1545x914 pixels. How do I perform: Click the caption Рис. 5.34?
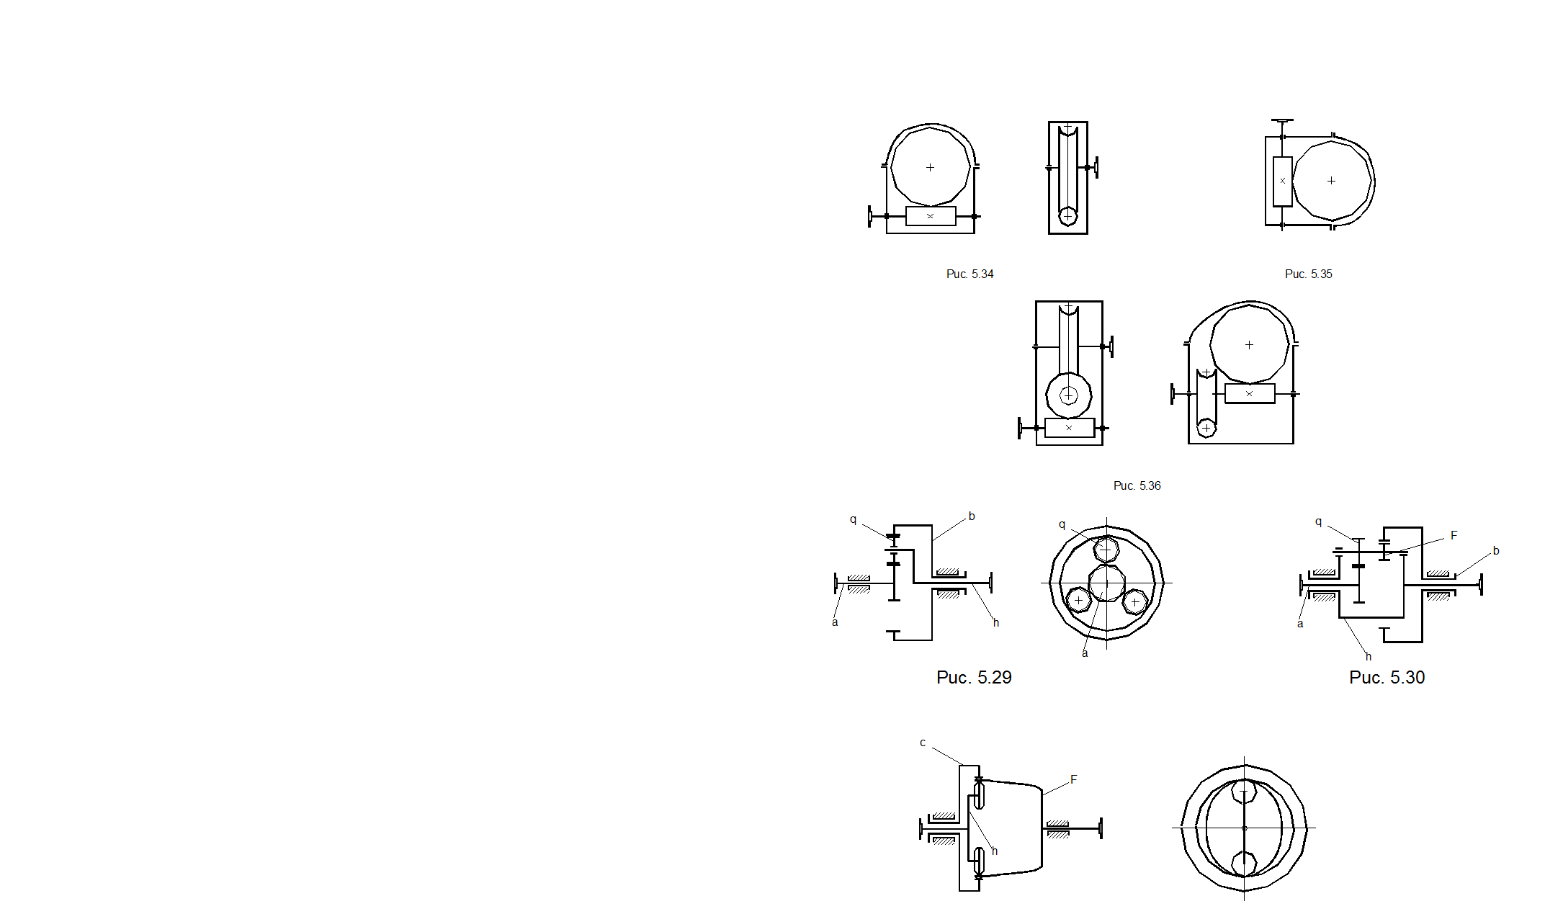pyautogui.click(x=969, y=274)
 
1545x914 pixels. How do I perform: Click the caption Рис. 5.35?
pyautogui.click(x=1308, y=274)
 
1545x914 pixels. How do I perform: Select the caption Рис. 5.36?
pyautogui.click(x=1137, y=485)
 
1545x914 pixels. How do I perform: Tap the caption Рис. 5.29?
pyautogui.click(x=974, y=677)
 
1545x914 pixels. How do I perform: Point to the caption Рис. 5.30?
pyautogui.click(x=1387, y=677)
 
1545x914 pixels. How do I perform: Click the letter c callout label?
pyautogui.click(x=923, y=743)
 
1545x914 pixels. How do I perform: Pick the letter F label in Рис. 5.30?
pyautogui.click(x=1454, y=535)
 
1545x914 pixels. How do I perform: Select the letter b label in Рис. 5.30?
pyautogui.click(x=1495, y=551)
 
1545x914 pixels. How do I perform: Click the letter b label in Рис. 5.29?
pyautogui.click(x=971, y=516)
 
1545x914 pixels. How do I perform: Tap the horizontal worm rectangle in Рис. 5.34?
pyautogui.click(x=931, y=216)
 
